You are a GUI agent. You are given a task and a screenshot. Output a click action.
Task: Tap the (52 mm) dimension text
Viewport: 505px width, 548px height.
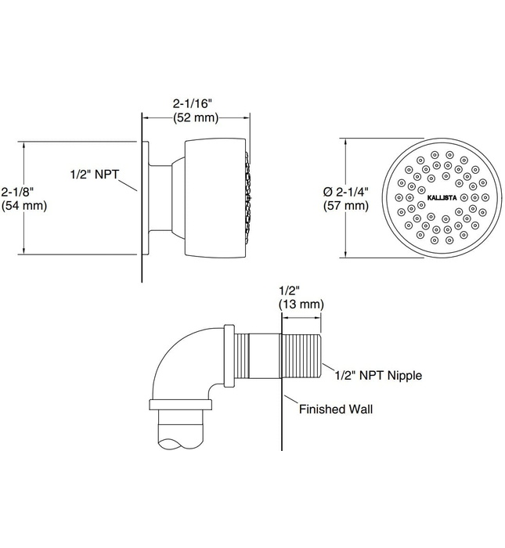point(195,117)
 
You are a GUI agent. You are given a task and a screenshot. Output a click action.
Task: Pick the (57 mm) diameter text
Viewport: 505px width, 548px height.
point(345,206)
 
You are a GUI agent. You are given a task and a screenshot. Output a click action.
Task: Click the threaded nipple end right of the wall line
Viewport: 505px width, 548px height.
point(301,358)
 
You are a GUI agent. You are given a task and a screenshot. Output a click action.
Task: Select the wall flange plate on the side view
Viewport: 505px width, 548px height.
point(146,200)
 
